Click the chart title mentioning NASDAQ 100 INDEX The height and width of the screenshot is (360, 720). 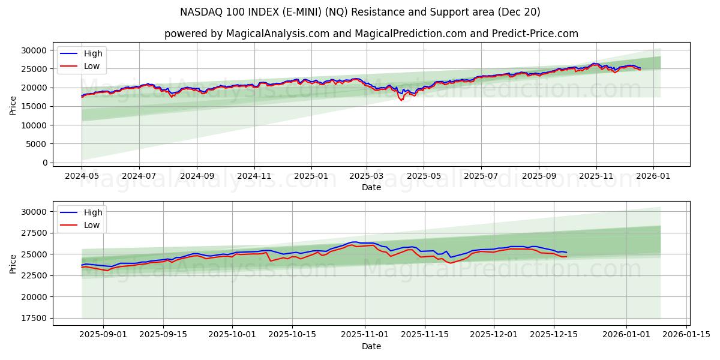360,12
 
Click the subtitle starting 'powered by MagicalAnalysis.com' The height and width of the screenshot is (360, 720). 371,34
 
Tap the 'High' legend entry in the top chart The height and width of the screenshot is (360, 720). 93,53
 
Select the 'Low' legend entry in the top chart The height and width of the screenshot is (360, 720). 92,67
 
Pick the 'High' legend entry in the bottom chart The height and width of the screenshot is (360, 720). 93,212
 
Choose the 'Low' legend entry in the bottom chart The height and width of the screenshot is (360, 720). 92,225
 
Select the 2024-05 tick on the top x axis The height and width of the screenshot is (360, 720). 82,176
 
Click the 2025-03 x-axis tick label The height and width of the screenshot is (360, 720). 366,176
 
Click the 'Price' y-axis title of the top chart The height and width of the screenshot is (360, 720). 13,106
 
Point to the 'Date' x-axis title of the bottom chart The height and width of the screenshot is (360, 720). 371,346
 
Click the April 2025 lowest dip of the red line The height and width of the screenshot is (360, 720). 401,100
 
